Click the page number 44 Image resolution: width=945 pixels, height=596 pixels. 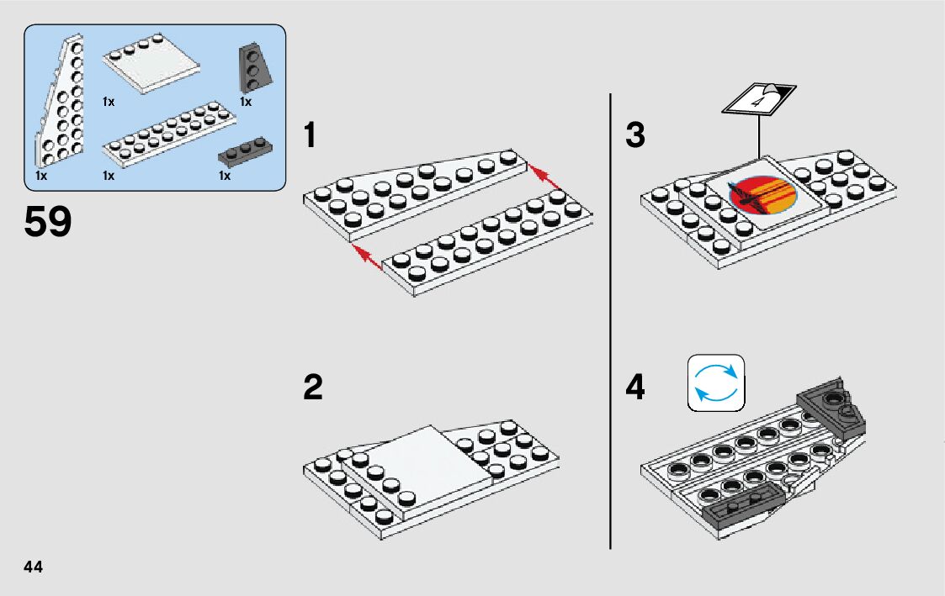coord(33,567)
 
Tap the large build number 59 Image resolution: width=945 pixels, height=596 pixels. coord(48,222)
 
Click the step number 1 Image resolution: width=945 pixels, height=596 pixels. coord(310,134)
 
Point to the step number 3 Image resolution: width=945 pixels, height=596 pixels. coord(635,134)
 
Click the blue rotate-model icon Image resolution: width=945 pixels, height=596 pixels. coord(716,382)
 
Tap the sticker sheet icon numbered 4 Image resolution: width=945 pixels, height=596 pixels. coord(759,98)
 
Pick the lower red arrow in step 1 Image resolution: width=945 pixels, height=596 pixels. coord(367,257)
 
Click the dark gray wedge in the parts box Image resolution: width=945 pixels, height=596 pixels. coord(255,68)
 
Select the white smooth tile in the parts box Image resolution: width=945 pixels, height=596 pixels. coord(151,64)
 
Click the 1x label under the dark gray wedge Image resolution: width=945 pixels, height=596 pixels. coord(245,102)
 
